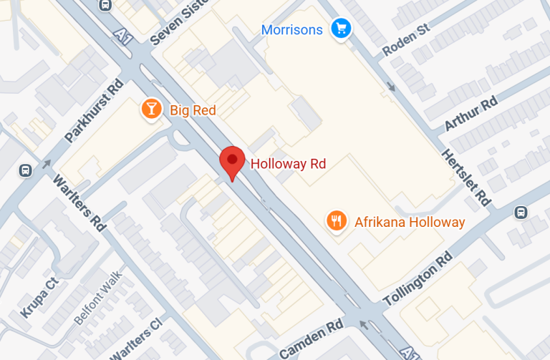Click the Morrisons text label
[x=292, y=29]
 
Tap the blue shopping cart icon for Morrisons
[x=340, y=29]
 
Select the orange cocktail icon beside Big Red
[x=151, y=110]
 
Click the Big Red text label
[x=193, y=110]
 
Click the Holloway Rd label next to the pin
[x=288, y=164]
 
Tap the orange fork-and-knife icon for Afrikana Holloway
[x=336, y=221]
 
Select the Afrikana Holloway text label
[x=410, y=222]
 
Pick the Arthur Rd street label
[x=471, y=114]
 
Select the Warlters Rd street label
[x=79, y=203]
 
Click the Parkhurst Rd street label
[x=94, y=110]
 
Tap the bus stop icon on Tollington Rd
[x=521, y=213]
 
